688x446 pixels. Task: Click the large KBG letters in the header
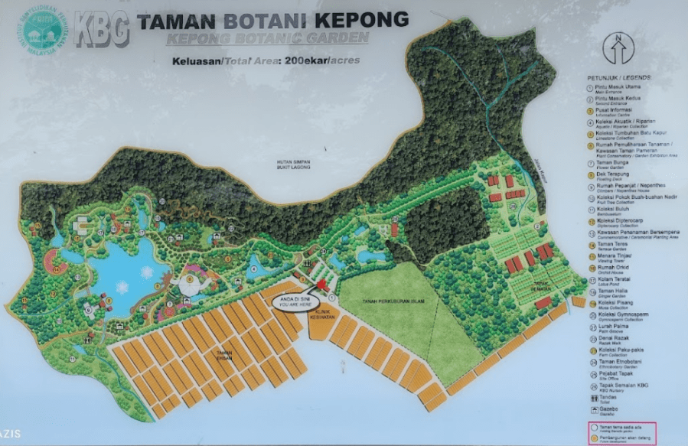click(x=101, y=29)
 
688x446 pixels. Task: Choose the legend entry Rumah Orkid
click(x=617, y=269)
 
